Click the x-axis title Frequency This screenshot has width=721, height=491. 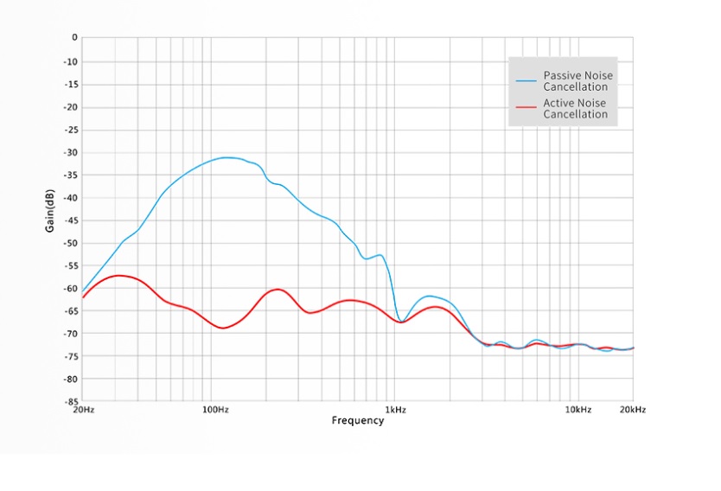(357, 421)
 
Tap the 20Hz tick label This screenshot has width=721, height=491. (82, 410)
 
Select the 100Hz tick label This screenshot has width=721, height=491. (214, 410)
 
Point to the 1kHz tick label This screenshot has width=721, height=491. (396, 410)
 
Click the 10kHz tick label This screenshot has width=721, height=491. (578, 410)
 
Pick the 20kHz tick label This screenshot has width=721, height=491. (632, 410)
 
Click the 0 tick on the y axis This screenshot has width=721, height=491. (74, 38)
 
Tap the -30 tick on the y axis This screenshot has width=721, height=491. (70, 152)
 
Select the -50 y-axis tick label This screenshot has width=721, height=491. (70, 243)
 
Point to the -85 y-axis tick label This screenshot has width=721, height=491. (70, 402)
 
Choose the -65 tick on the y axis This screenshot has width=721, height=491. (70, 311)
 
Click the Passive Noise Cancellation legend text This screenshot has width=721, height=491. (577, 81)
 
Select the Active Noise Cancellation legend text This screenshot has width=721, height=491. (575, 109)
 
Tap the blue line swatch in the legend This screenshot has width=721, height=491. (526, 81)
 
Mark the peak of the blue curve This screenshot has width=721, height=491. (227, 157)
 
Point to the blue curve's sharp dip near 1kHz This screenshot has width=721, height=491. (400, 322)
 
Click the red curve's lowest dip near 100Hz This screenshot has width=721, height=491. (223, 328)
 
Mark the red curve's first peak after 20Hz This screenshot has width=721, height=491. (118, 275)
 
